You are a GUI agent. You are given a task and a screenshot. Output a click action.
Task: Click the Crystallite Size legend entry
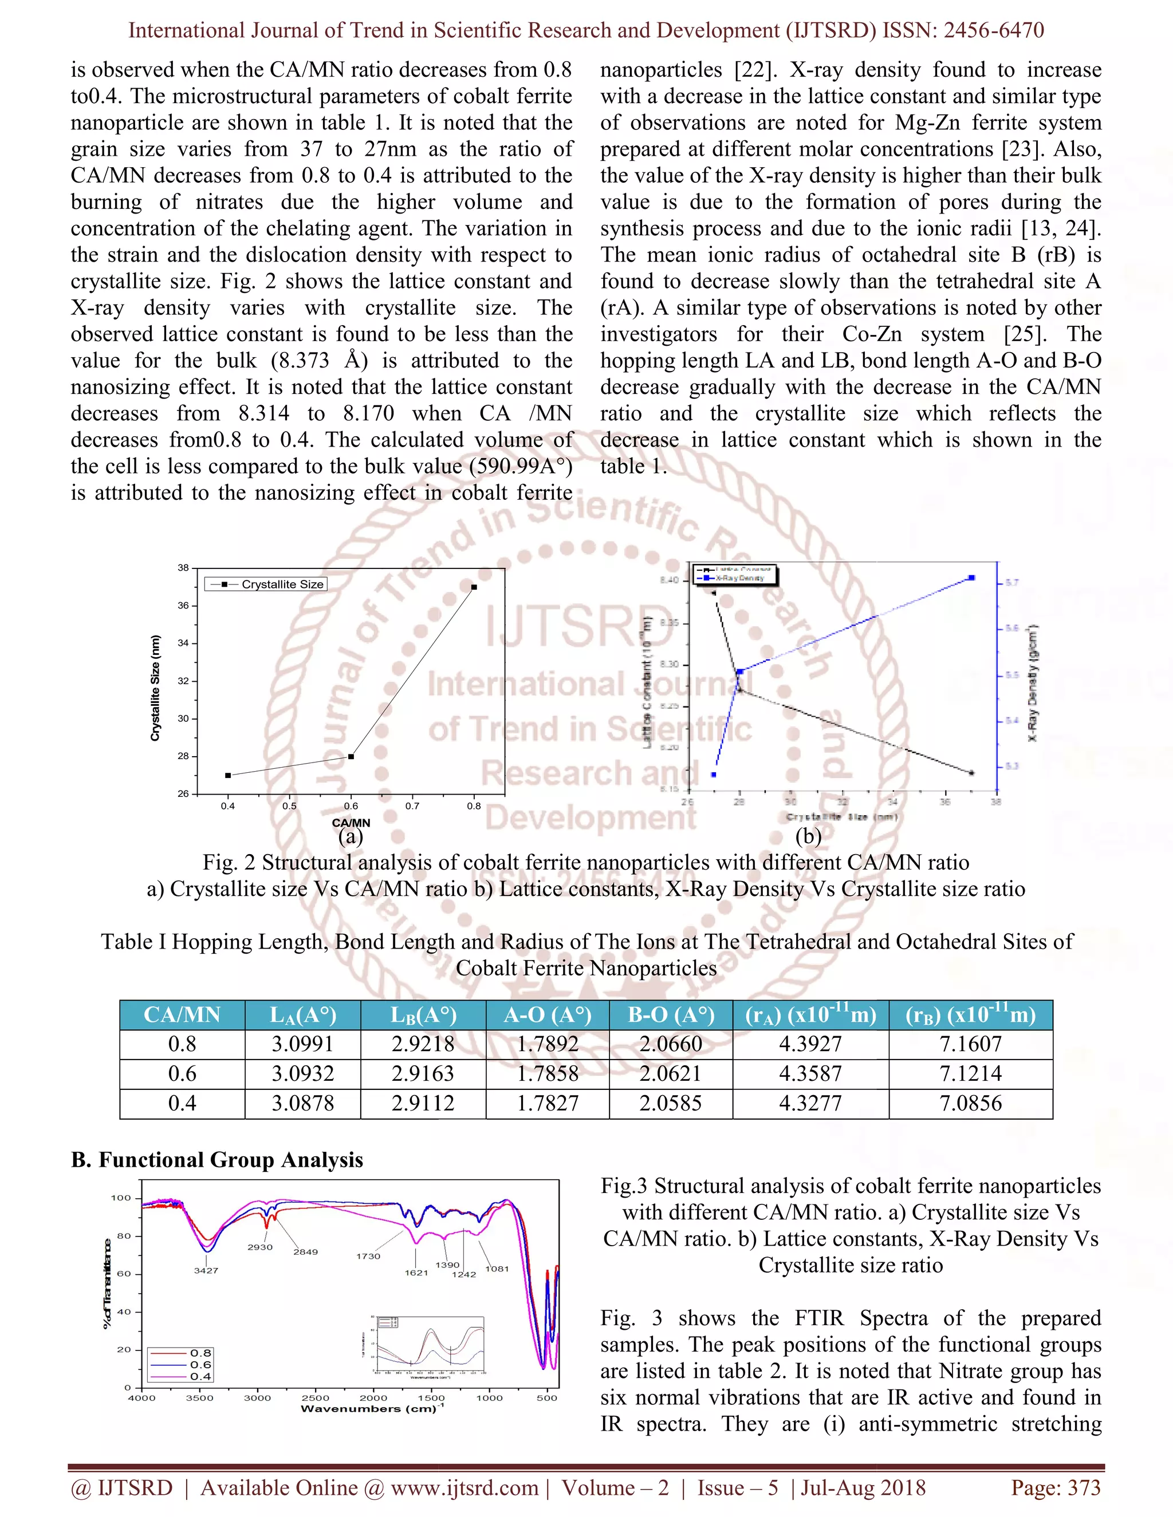click(x=266, y=584)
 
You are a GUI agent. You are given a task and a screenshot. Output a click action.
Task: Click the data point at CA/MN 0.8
click(x=474, y=587)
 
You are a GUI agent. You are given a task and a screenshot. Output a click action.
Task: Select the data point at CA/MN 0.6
click(x=351, y=756)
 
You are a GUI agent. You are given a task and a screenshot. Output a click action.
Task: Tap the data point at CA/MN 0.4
click(x=228, y=775)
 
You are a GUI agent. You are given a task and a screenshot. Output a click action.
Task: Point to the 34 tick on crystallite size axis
click(x=183, y=643)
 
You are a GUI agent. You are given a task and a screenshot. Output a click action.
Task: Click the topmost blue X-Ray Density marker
click(x=971, y=578)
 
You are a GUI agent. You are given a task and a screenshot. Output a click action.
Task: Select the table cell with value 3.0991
click(x=302, y=1044)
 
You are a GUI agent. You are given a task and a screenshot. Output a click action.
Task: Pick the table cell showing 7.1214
click(x=970, y=1074)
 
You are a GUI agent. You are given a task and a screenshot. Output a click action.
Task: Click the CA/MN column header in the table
click(x=182, y=1015)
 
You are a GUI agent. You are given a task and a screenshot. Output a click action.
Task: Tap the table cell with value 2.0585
click(x=671, y=1103)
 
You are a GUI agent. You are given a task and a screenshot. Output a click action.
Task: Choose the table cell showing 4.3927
click(x=810, y=1044)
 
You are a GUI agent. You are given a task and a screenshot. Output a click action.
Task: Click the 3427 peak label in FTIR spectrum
click(x=206, y=1270)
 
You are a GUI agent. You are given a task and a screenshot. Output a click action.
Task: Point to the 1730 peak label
click(x=368, y=1256)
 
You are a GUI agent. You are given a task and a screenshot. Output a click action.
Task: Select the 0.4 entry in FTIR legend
click(x=200, y=1376)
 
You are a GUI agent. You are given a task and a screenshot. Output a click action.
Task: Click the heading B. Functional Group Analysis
click(x=217, y=1160)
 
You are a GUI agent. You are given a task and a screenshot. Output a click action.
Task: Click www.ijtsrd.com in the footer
click(x=464, y=1487)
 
